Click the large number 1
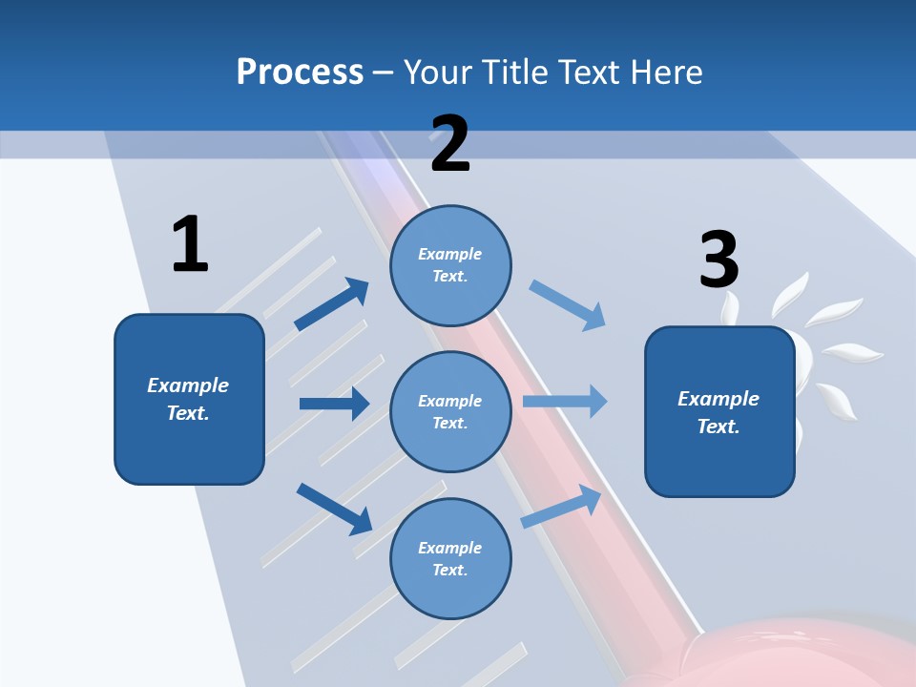point(190,244)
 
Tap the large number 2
point(450,144)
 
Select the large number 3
point(719,260)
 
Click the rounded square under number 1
point(189,399)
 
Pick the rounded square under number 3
point(719,411)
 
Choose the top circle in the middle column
point(450,265)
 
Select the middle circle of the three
point(450,411)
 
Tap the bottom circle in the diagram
point(450,558)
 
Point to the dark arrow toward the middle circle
point(334,404)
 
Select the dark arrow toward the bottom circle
point(334,509)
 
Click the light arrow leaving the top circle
point(568,305)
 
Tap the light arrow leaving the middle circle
point(565,401)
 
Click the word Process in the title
point(300,72)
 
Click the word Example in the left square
point(188,385)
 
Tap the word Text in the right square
point(718,427)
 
